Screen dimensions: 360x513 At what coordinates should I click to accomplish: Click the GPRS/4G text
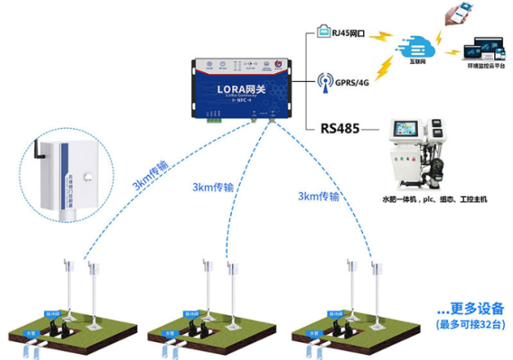click(x=349, y=83)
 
